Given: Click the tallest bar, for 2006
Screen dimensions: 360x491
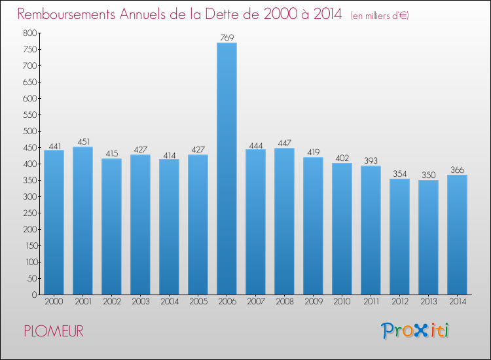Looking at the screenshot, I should point(227,169).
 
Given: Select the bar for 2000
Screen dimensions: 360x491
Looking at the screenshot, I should point(54,223).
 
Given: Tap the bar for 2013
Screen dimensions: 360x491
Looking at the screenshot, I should point(428,237).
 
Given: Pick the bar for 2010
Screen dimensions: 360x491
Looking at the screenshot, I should point(342,228).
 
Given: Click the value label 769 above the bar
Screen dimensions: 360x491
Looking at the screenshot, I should point(227,38).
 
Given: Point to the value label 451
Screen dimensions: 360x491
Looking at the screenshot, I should point(82,142).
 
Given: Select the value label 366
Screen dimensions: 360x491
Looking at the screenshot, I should point(457,170).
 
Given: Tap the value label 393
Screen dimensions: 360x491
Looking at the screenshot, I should point(371,161).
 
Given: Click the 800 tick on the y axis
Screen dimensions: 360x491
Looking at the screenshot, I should point(29,33).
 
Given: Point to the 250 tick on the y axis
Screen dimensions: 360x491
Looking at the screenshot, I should point(29,213).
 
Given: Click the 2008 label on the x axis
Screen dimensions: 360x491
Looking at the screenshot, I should point(284,302).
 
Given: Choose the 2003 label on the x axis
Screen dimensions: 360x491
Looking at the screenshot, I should point(140,302).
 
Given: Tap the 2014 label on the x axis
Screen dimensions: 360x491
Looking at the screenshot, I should point(457,302).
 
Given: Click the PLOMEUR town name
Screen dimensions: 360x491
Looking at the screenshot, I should point(54,331).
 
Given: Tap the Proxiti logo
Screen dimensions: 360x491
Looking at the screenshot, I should point(415,331).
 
